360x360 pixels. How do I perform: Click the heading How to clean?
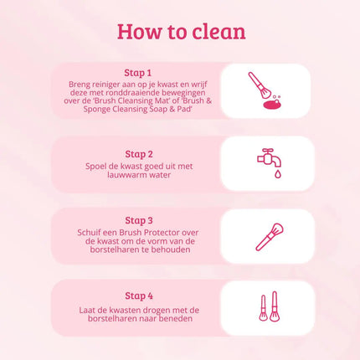[181, 32]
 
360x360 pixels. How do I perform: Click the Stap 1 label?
[139, 73]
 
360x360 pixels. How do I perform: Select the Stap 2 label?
[139, 154]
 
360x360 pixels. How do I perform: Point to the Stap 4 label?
[139, 296]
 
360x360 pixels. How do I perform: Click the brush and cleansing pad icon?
[267, 91]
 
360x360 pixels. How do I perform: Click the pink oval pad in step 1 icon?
[272, 105]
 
